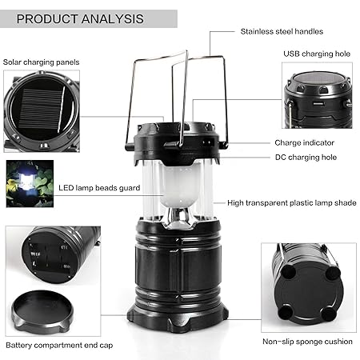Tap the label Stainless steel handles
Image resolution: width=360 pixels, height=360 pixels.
[282, 31]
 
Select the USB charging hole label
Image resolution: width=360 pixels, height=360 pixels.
[317, 54]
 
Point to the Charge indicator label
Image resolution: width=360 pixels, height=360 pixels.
[304, 142]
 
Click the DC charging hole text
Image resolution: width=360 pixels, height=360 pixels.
[306, 157]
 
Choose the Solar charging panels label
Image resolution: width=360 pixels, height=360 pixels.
[41, 61]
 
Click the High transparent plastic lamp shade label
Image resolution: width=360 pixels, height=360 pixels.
[291, 203]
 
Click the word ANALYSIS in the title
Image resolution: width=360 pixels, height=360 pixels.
[110, 18]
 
